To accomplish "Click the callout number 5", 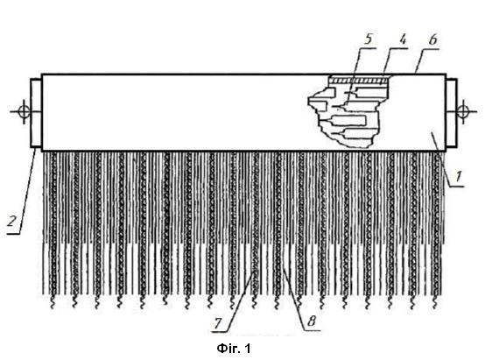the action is click(368, 39).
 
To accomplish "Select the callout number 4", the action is click(402, 39).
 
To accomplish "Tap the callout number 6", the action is click(432, 40).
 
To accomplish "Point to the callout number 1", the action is click(459, 176).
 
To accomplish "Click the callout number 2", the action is click(11, 222).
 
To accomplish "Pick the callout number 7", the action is click(218, 324).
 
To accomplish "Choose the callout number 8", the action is click(311, 321).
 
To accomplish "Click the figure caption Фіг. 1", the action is click(234, 349).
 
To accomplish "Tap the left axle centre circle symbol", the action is click(25, 111).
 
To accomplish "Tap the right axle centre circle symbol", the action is click(463, 111).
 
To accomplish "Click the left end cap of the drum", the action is click(36, 113).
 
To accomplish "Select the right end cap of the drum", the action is click(451, 113).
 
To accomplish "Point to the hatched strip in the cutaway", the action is click(358, 81).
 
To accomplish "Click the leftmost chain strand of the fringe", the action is click(53, 222).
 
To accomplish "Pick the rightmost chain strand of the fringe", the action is click(435, 222).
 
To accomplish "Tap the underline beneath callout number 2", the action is click(13, 234).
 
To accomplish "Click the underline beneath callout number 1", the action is click(457, 187).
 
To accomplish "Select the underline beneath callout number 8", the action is click(311, 330).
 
